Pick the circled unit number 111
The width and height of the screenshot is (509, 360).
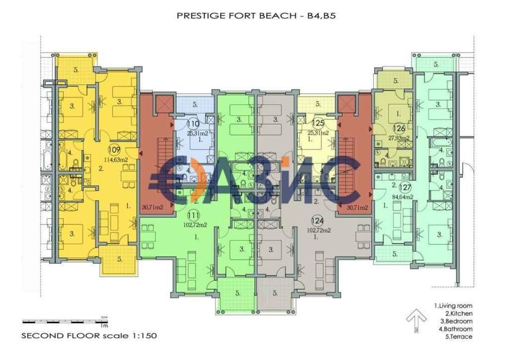point(193,216)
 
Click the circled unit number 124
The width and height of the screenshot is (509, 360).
point(318,221)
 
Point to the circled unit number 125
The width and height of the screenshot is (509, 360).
point(317,123)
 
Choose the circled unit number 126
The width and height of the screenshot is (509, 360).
point(399,128)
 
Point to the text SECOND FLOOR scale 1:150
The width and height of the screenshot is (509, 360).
point(88,335)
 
